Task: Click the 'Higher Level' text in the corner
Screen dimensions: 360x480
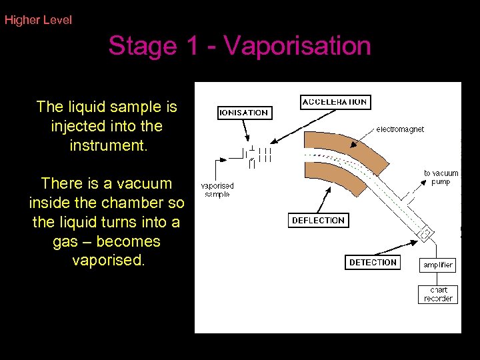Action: [38, 20]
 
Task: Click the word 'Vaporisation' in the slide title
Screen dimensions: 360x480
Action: [297, 46]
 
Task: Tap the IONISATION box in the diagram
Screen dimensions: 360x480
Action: [245, 113]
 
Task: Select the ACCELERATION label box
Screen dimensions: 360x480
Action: [335, 102]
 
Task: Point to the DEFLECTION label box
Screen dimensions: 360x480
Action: [318, 220]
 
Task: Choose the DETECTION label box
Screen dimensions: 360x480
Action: [373, 262]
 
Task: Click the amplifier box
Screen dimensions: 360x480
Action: [438, 265]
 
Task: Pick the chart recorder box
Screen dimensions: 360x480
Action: [438, 294]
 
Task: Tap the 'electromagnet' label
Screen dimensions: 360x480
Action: [400, 129]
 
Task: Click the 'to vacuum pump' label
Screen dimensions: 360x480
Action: [441, 177]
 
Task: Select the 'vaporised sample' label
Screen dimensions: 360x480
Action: [217, 190]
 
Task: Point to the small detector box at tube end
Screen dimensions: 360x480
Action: [426, 234]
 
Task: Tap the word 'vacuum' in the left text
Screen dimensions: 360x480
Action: [143, 183]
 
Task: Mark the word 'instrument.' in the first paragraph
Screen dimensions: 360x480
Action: [107, 145]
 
